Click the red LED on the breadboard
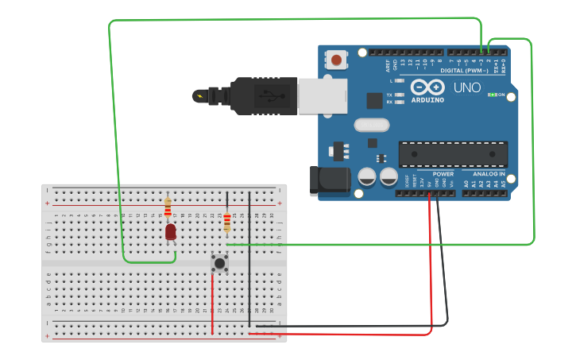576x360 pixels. [170, 231]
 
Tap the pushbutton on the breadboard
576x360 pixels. [219, 262]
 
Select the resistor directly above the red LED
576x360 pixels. [168, 207]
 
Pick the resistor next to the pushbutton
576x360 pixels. [227, 223]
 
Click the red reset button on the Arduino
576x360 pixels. [337, 60]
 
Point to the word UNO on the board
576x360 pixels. [466, 87]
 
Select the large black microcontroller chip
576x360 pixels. [453, 153]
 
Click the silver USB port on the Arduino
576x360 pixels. [323, 96]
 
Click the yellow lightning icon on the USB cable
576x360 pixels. [199, 97]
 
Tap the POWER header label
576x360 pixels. [443, 173]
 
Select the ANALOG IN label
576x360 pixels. [489, 173]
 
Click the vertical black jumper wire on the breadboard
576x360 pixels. [249, 254]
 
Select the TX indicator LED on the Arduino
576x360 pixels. [400, 95]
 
